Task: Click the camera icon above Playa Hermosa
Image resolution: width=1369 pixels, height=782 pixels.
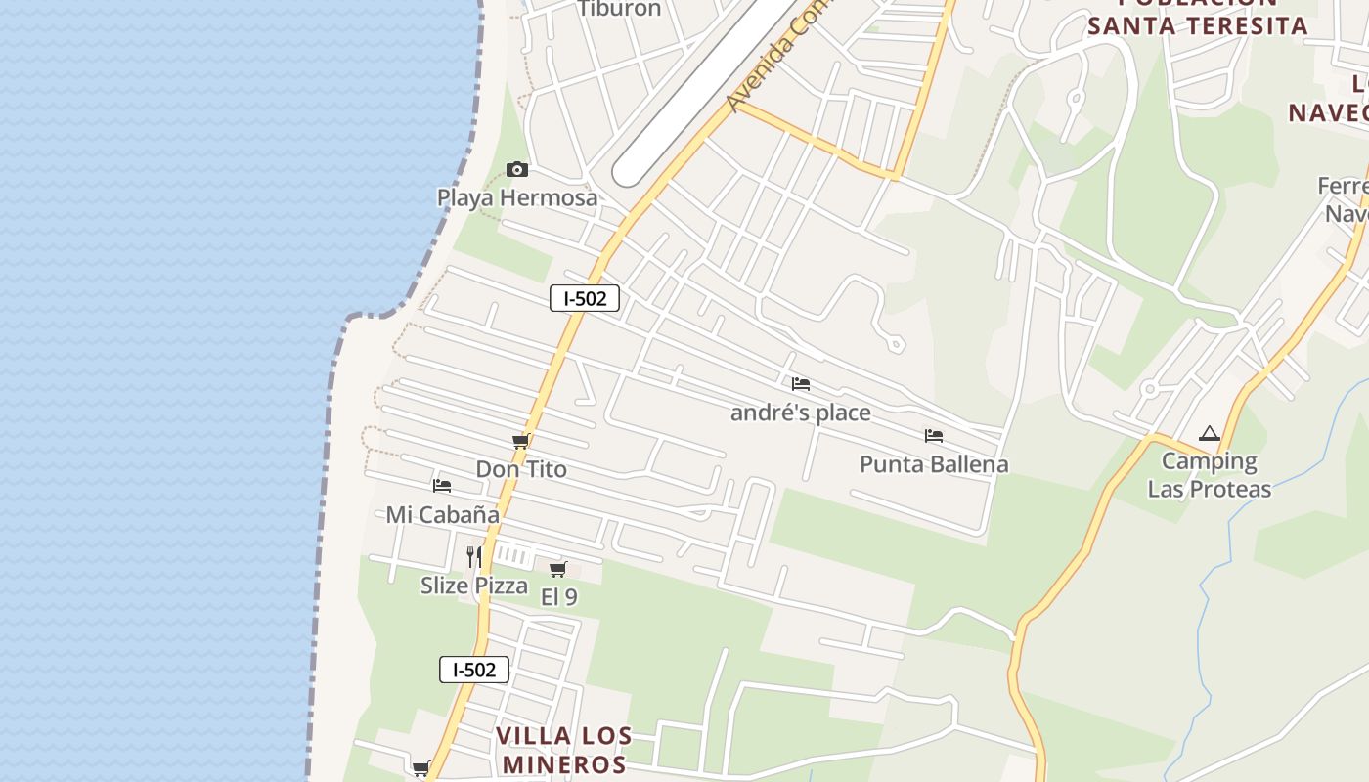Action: [x=517, y=170]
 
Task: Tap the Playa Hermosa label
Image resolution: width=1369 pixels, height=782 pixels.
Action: [x=516, y=197]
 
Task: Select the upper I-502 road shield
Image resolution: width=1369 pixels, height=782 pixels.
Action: [x=585, y=298]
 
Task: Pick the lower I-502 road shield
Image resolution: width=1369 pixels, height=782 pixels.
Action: [x=474, y=670]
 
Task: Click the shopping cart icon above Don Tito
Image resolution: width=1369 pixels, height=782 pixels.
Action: [x=521, y=442]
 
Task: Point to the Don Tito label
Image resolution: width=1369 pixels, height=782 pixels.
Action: [x=521, y=469]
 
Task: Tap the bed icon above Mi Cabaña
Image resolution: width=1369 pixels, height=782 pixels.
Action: [x=442, y=486]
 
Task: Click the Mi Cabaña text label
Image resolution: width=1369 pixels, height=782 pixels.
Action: [x=442, y=514]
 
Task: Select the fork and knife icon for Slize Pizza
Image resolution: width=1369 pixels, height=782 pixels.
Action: [x=474, y=557]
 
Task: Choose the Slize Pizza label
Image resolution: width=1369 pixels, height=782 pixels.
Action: [x=474, y=586]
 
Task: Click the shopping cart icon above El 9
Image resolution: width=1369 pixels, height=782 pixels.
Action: [x=558, y=569]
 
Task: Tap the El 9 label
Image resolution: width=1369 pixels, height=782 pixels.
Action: [x=558, y=596]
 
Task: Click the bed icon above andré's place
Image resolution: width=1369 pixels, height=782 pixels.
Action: [x=801, y=384]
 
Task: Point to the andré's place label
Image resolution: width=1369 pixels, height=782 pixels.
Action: [x=801, y=413]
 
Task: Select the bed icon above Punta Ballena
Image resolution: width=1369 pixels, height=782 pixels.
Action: [x=934, y=436]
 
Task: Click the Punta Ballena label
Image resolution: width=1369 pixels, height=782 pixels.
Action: [x=934, y=464]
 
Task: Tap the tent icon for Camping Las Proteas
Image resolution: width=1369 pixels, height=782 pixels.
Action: [x=1210, y=434]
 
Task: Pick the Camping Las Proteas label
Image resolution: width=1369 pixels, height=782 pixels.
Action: [x=1210, y=475]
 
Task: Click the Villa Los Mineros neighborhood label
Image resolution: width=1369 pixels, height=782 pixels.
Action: [x=564, y=750]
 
